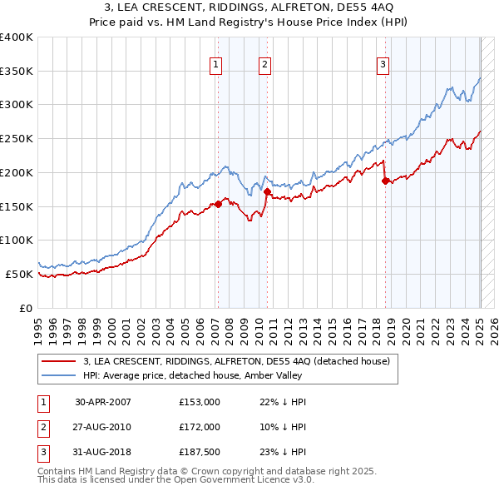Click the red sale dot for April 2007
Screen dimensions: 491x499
(x=218, y=204)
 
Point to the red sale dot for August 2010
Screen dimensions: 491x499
(x=267, y=191)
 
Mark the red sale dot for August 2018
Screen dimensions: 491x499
(x=385, y=181)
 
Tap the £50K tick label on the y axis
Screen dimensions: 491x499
(x=19, y=274)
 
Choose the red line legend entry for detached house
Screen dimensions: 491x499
(x=242, y=362)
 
